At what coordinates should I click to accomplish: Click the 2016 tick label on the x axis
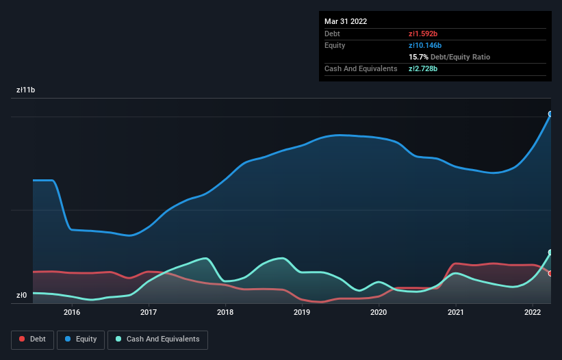(x=72, y=312)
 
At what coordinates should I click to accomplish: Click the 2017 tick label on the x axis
(x=149, y=312)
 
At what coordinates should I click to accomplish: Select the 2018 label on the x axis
(x=225, y=312)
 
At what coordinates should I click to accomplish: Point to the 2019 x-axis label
(x=302, y=312)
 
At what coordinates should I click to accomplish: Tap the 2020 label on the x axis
(x=379, y=312)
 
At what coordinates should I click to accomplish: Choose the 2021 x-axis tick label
(x=455, y=312)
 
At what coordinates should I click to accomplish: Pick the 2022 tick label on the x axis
(x=532, y=312)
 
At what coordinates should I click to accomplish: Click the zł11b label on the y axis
(x=26, y=90)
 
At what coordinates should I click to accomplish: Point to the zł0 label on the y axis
(x=22, y=296)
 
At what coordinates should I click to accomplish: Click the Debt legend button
(x=32, y=339)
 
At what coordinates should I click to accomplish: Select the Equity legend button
(x=81, y=339)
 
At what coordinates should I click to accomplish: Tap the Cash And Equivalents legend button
(x=157, y=339)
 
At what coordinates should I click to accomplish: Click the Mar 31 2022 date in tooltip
(x=346, y=21)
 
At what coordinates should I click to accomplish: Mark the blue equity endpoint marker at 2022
(x=550, y=114)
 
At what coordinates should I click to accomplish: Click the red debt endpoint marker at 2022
(x=550, y=273)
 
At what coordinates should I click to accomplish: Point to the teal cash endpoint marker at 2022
(x=550, y=253)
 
